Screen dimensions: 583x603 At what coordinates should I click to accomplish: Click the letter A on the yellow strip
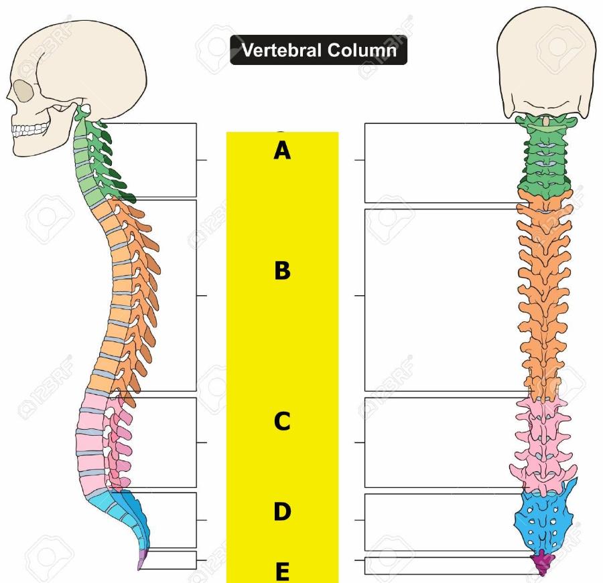[282, 151]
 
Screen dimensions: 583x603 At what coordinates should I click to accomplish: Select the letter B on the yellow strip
[282, 271]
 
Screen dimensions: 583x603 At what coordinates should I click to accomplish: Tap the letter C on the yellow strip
[282, 422]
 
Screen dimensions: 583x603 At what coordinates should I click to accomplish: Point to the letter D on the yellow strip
[282, 512]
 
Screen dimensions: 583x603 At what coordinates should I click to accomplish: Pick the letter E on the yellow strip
[282, 572]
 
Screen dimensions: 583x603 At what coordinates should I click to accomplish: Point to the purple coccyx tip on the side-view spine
[143, 561]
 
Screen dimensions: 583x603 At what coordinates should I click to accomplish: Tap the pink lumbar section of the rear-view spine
[543, 442]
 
